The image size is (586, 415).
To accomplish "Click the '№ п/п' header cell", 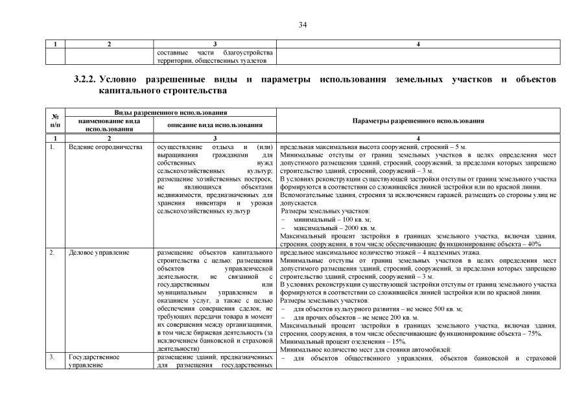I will [x=55, y=121].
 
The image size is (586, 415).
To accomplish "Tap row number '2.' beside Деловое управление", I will [x=52, y=252].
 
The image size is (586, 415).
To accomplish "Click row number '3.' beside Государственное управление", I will [x=52, y=357].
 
